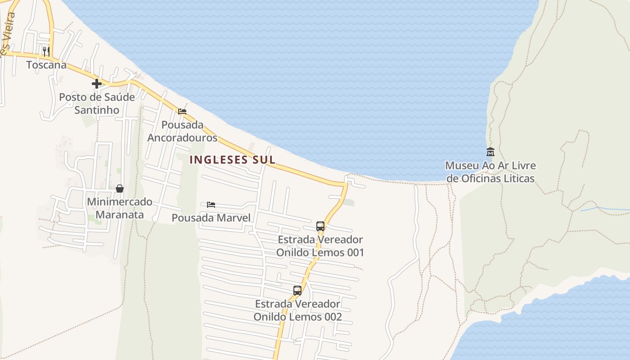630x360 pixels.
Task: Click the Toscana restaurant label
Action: (46, 65)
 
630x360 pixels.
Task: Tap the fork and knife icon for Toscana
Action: (46, 51)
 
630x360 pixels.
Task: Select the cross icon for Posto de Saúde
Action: (96, 83)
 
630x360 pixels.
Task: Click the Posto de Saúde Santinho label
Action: (97, 103)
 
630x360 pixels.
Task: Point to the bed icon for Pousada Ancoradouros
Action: (182, 112)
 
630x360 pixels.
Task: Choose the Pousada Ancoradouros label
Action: (182, 131)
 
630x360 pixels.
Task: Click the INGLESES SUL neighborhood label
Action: (232, 160)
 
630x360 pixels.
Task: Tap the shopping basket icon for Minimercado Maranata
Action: (119, 189)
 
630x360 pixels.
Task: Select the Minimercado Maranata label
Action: (119, 208)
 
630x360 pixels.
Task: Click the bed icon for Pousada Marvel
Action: (211, 205)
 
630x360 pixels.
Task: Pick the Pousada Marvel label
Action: (211, 218)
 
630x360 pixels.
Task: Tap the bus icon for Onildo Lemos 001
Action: (320, 226)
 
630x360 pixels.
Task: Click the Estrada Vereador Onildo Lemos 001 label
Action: (320, 246)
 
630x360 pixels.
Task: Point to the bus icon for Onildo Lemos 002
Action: (297, 290)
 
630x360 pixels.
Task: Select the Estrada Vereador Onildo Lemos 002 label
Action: (297, 310)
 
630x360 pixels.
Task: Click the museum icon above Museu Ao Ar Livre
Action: (490, 152)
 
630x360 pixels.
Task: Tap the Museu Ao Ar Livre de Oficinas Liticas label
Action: (490, 172)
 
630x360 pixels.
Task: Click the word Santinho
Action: (97, 110)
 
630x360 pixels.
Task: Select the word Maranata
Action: (119, 215)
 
